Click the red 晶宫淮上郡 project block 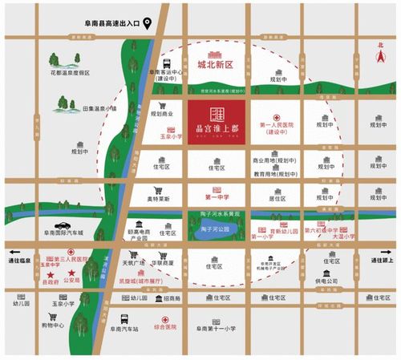tap(217, 120)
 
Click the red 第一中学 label tap(217, 196)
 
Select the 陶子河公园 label tap(217, 230)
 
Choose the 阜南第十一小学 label tap(217, 329)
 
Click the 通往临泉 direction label tap(20, 261)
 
